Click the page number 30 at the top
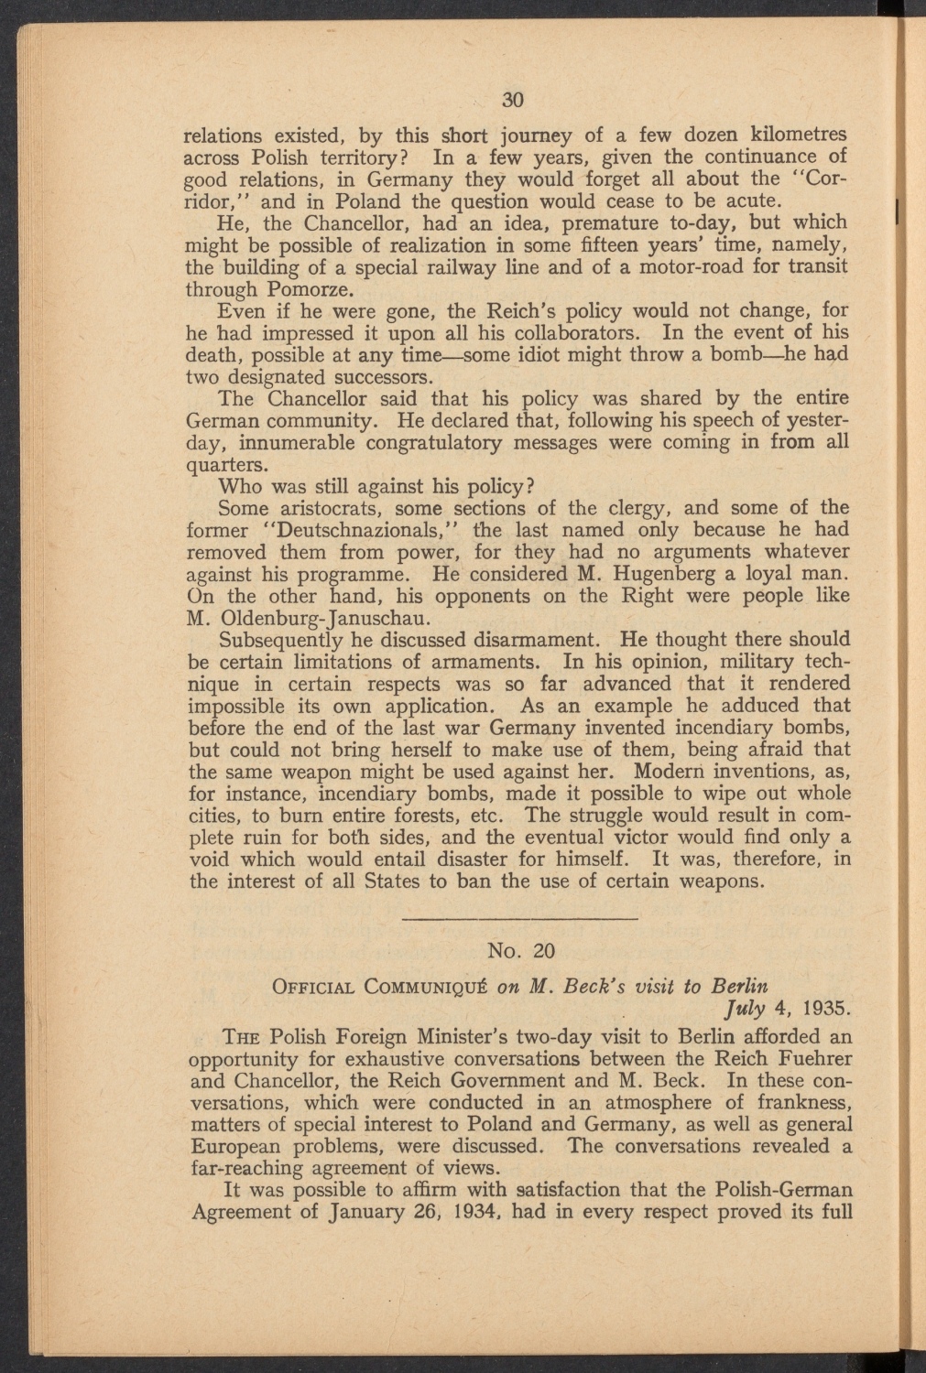coord(512,99)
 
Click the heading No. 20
coord(517,950)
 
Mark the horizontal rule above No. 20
coord(518,917)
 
